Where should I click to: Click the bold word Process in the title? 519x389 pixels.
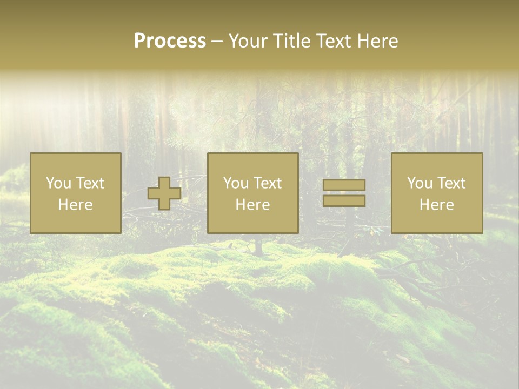click(170, 41)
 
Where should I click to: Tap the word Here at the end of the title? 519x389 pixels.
click(377, 41)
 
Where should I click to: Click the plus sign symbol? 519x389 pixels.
click(164, 193)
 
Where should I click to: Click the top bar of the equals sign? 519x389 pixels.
click(344, 185)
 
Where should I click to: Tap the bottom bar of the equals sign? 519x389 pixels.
click(344, 201)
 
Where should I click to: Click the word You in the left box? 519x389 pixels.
click(58, 183)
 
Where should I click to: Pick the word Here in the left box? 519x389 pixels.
click(75, 205)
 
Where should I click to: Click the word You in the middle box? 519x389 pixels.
click(236, 183)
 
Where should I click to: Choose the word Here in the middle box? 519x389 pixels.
click(252, 205)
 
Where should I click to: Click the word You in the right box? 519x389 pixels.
click(420, 183)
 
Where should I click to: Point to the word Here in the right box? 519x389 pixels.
click(436, 205)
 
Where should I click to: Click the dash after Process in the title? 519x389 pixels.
click(217, 41)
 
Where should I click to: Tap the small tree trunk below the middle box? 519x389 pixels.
click(259, 246)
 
